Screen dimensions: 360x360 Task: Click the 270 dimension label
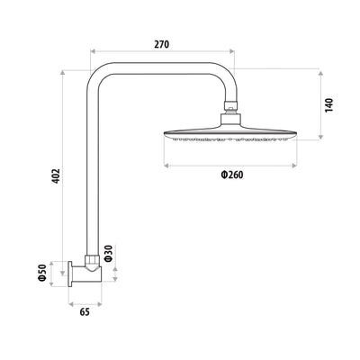tap(161, 43)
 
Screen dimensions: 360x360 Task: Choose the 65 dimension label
tap(85, 313)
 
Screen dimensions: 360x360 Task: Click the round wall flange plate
tap(71, 274)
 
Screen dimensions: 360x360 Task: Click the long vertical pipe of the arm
tap(92, 171)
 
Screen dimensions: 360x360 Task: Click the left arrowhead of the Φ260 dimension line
tap(166, 165)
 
